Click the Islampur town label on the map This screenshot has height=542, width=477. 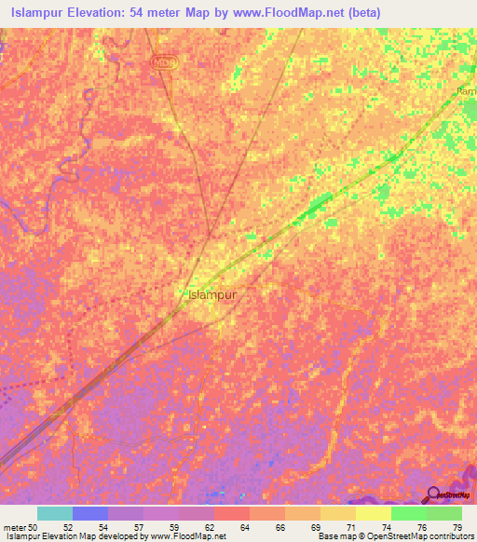click(212, 294)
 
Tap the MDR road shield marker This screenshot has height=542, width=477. click(164, 61)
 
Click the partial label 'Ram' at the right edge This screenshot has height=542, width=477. click(467, 91)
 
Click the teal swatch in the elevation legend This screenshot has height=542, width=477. click(55, 513)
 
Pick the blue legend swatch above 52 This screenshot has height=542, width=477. click(90, 513)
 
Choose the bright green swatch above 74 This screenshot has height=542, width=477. click(409, 513)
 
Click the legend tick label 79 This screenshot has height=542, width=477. click(457, 526)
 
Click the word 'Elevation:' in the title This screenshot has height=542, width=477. click(103, 11)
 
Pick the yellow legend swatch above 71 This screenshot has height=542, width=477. click(338, 513)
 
